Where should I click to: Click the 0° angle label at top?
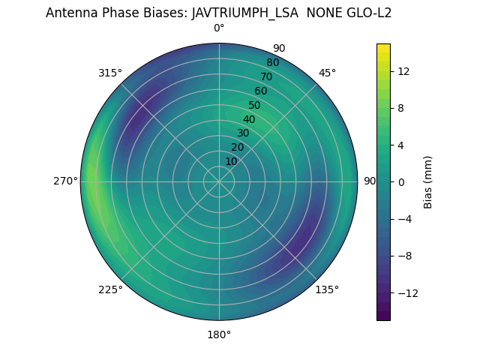click(219, 28)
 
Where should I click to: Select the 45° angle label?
click(327, 73)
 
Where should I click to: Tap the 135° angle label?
click(327, 289)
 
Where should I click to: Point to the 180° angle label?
click(219, 334)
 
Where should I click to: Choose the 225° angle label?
click(110, 289)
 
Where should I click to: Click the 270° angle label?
click(65, 181)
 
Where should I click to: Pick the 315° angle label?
click(110, 73)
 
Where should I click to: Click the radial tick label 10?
click(231, 161)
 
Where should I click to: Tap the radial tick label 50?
click(255, 105)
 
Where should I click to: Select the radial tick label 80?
click(272, 62)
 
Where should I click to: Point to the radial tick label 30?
click(243, 133)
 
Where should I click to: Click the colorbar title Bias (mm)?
click(428, 181)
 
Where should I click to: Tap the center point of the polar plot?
click(219, 181)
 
